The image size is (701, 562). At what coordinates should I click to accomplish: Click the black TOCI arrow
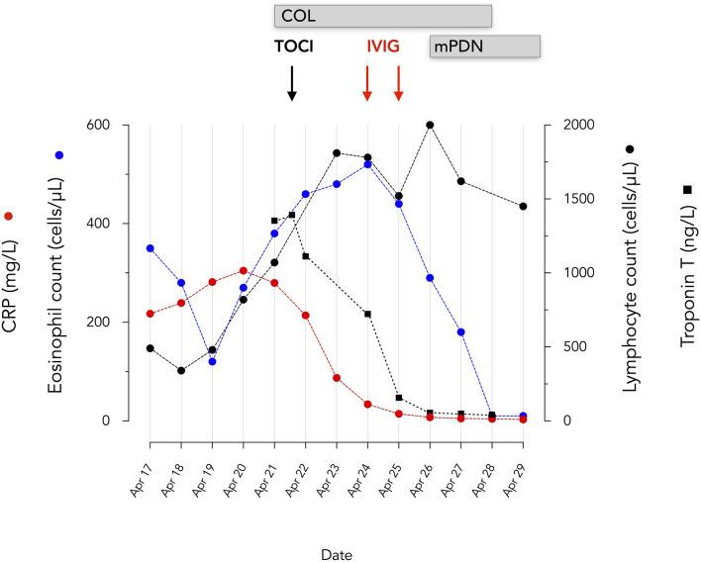point(291,83)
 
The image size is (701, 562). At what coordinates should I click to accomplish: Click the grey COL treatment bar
point(383,16)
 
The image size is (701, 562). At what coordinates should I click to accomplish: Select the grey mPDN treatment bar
point(484,47)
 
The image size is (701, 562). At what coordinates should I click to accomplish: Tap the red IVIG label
point(382,47)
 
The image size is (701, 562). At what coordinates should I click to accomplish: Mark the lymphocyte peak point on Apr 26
point(430,125)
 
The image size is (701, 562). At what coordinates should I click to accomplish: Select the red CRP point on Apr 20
point(243,270)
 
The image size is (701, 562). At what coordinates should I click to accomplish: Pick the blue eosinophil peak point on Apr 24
point(367,164)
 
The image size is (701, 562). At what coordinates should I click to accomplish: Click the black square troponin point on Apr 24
point(367,314)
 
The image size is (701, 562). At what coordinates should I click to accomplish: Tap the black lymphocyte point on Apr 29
point(523,206)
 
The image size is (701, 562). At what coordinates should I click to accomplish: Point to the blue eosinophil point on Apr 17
point(150,248)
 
